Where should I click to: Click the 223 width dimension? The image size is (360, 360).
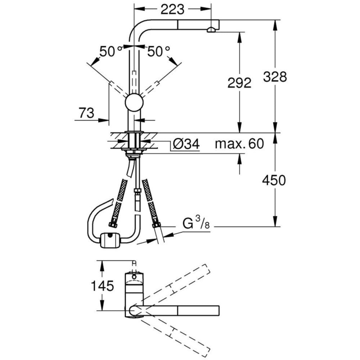coord(172,10)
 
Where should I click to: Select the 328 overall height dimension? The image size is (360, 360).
coord(275,76)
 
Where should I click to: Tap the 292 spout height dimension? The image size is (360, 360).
coord(239,83)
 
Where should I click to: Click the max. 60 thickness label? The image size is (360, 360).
coord(239,144)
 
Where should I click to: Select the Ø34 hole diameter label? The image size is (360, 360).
coord(186,144)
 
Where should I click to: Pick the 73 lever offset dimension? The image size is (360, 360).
coord(86,113)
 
